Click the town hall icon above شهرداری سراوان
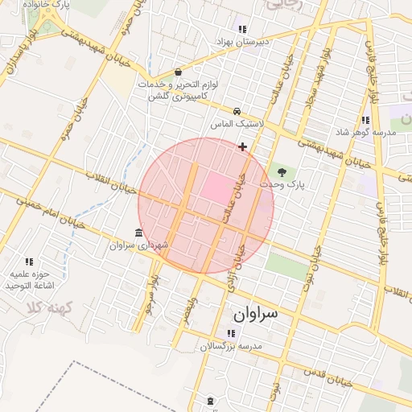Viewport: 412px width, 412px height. coord(139,233)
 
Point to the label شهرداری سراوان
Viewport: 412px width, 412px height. coord(140,245)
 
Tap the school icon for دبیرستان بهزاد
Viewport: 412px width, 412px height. coord(243,29)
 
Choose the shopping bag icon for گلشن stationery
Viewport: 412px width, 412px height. coord(178,72)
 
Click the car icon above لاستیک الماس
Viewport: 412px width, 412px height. coord(237,111)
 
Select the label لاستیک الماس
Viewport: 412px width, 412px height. coord(233,124)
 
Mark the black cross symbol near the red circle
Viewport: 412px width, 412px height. coord(242,146)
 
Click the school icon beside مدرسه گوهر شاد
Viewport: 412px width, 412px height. coord(366,120)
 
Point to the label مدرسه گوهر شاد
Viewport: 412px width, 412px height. coord(373,132)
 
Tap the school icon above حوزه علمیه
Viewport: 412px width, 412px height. coord(30,262)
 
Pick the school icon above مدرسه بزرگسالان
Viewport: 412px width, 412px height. coord(231,333)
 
